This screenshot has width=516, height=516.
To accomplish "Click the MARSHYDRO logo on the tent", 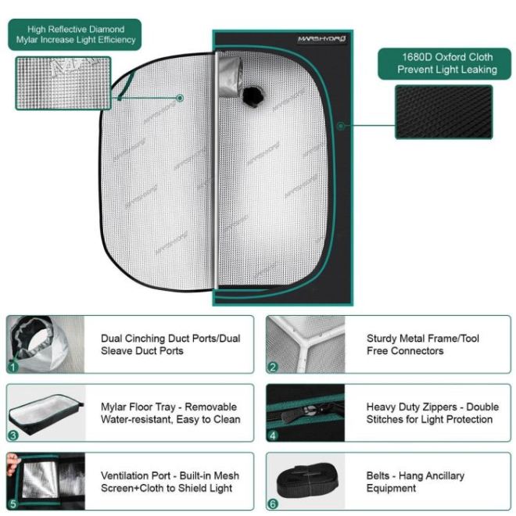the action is tap(321, 39).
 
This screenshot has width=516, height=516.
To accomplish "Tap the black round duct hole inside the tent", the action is tap(253, 95).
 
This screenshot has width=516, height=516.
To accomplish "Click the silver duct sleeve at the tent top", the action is tap(231, 77).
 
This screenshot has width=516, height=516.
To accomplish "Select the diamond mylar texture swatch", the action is tap(63, 83).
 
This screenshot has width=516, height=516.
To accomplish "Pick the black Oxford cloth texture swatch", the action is tap(443, 112).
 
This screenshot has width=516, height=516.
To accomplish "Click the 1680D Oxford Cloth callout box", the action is tap(444, 64).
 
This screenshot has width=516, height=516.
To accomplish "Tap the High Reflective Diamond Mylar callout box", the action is tap(75, 34).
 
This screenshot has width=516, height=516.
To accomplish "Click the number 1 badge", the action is tap(13, 367).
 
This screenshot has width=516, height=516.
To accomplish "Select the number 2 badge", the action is tap(273, 367).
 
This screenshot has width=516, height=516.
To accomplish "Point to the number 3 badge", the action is tap(13, 435).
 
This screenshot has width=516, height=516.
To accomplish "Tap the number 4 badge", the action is tap(273, 435).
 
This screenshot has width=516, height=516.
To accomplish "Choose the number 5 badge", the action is tap(13, 503).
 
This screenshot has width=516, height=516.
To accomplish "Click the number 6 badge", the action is tap(273, 503).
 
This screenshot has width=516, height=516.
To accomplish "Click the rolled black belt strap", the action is tap(307, 480).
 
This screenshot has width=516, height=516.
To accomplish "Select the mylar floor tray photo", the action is tap(46, 414).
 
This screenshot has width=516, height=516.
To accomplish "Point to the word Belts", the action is tap(378, 475).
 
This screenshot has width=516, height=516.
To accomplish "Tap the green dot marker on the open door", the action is tap(180, 98).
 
